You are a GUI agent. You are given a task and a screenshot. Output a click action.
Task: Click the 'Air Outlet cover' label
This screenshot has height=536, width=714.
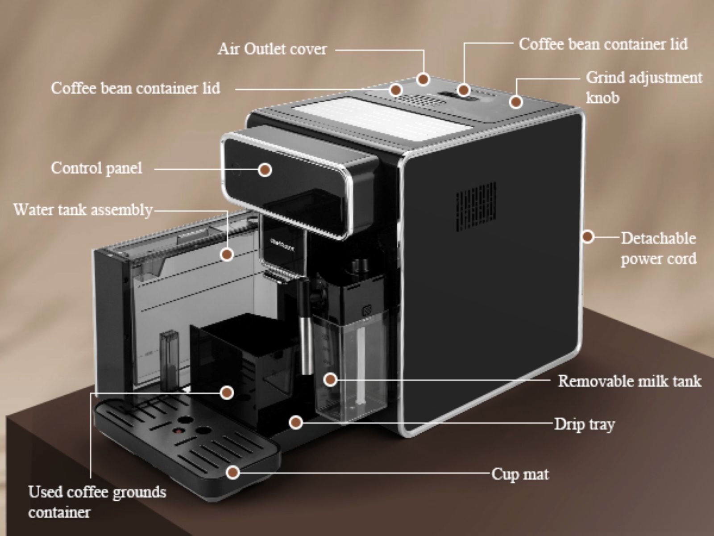coord(272,49)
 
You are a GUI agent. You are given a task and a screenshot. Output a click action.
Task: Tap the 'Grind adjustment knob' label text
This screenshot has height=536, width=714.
coord(643,87)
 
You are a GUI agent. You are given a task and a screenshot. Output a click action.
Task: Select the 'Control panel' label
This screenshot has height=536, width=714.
coord(96,168)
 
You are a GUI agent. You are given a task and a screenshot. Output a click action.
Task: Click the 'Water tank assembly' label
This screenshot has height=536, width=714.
coord(83,209)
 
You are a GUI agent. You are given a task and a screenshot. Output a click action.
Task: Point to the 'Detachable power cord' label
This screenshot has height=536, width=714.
coord(658,248)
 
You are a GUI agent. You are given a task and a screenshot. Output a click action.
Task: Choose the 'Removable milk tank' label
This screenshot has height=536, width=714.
coord(629,381)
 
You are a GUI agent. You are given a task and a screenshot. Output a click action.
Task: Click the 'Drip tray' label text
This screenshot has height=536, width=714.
coord(584,424)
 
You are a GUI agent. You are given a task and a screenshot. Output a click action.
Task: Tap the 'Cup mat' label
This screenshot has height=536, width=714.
coord(520,474)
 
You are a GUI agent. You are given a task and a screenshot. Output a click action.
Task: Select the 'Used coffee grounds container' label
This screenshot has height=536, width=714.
coord(97,502)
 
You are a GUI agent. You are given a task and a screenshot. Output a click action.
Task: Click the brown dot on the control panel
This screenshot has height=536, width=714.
coord(265,170)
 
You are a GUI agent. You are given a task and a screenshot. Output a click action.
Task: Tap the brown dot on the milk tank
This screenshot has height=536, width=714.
coord(330,380)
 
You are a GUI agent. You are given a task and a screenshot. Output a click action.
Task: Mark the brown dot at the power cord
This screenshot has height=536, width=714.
coord(588,236)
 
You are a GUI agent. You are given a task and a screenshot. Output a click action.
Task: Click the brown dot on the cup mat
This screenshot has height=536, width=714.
coord(232,472)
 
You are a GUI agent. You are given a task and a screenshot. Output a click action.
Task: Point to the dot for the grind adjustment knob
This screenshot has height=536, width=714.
coord(516,102)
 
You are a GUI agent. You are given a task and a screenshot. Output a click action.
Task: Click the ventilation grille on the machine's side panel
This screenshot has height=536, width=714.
coord(476,206)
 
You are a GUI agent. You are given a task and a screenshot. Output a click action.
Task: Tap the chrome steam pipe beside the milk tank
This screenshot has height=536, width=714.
coord(306,326)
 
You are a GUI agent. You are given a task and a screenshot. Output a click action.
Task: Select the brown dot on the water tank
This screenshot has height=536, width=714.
coord(227,255)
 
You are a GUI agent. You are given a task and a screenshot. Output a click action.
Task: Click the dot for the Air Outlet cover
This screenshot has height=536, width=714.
coord(423,80)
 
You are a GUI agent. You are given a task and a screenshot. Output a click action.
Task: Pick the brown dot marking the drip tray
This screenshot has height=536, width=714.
coord(295,422)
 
